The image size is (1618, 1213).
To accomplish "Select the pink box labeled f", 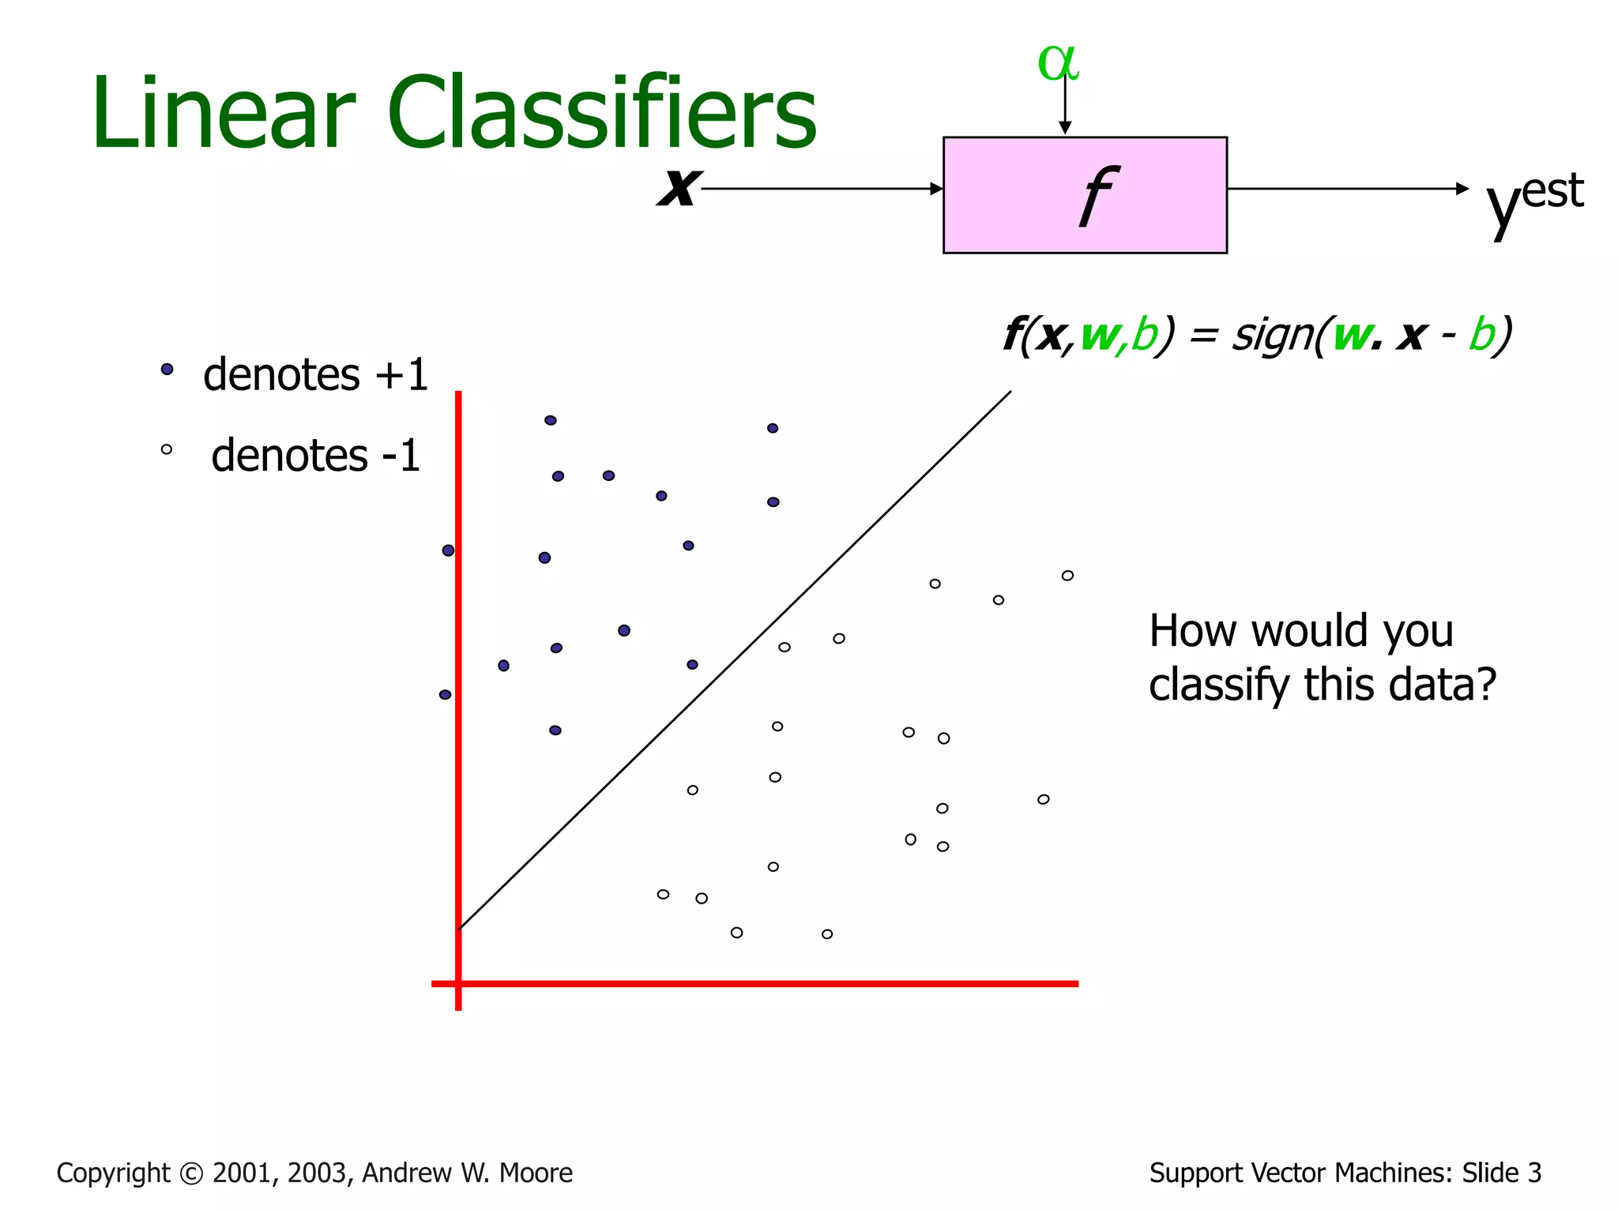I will [1084, 195].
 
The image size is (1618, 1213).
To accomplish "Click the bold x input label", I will [678, 187].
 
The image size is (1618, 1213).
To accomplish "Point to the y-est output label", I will [1533, 199].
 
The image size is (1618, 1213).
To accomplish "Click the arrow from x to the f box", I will [822, 189].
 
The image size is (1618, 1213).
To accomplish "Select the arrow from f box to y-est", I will [1343, 189].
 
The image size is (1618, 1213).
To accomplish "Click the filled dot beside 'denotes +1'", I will [167, 369].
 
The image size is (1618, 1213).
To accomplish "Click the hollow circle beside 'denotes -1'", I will [167, 449].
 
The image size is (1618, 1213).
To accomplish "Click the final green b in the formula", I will [1482, 335].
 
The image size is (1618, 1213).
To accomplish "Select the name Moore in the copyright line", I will [536, 1173].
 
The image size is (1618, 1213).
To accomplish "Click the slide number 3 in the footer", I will [1533, 1173].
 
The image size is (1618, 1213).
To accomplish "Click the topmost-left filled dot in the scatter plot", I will [551, 420].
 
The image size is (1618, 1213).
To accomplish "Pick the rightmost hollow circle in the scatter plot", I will [1067, 576].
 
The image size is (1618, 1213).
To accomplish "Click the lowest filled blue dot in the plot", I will [555, 730].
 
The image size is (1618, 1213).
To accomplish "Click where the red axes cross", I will [458, 983].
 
